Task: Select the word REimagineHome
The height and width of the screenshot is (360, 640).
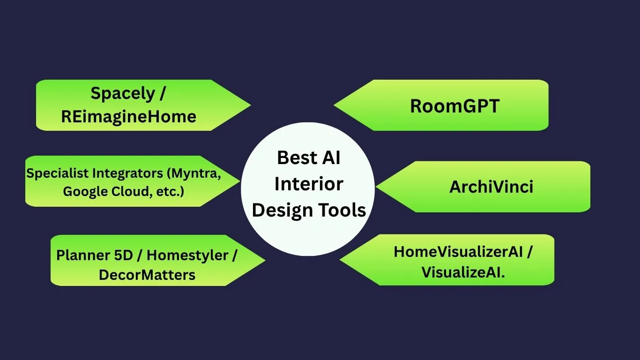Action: pos(129,117)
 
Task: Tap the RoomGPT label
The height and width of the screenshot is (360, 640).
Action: pos(454,106)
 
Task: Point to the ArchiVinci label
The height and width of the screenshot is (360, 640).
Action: pos(491,187)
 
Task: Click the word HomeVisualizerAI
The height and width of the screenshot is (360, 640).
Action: pos(458,252)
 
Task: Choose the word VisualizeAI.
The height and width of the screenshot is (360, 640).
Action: pos(463,272)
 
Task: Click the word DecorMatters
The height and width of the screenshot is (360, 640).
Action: pos(147,275)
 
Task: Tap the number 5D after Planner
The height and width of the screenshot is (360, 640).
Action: pos(123,255)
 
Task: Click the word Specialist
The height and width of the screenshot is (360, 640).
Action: pos(58,173)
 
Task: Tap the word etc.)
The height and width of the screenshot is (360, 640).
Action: pos(170,192)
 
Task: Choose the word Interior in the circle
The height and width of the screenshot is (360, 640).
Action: pos(309,184)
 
